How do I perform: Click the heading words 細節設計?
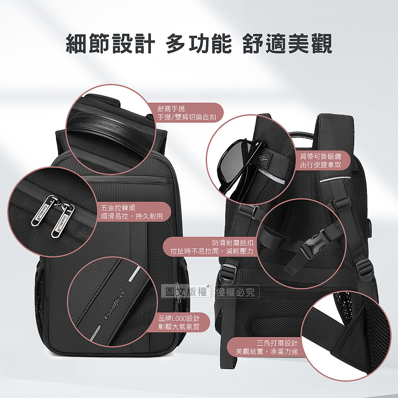[x=110, y=44]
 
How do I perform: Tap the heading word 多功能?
[x=199, y=44]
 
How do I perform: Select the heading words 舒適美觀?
[x=287, y=44]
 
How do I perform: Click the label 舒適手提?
[x=171, y=109]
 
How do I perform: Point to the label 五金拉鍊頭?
[x=118, y=208]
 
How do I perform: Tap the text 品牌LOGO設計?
[x=179, y=318]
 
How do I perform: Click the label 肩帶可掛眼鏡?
[x=320, y=156]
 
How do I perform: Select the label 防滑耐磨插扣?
[x=233, y=243]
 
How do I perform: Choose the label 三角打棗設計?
[x=277, y=343]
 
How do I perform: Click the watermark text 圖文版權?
[x=186, y=292]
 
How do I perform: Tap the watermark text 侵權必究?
[x=236, y=292]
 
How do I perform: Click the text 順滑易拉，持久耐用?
[x=132, y=216]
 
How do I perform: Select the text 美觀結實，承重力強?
[x=267, y=351]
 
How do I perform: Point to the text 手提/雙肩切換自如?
[x=187, y=117]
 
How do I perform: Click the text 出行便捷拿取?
[x=320, y=165]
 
